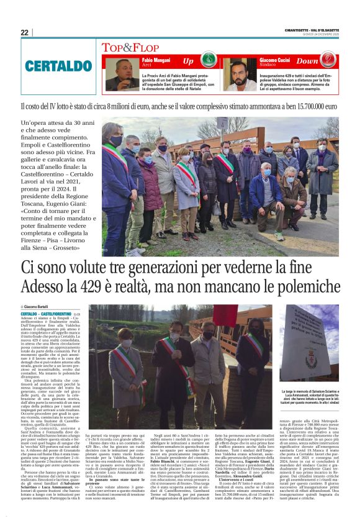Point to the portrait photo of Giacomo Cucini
click(x=239, y=75)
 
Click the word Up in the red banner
click(x=188, y=61)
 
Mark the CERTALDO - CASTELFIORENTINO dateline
click(x=47, y=315)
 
